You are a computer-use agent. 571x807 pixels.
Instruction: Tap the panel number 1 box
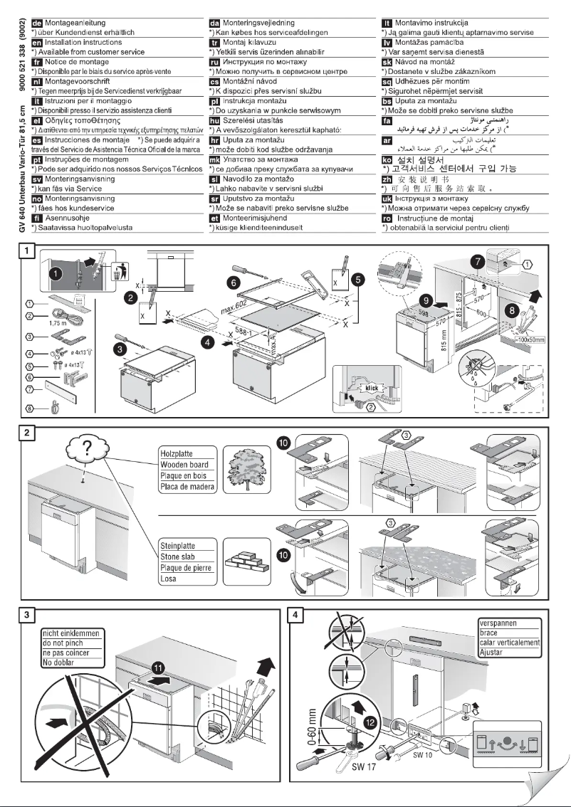click(x=27, y=251)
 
